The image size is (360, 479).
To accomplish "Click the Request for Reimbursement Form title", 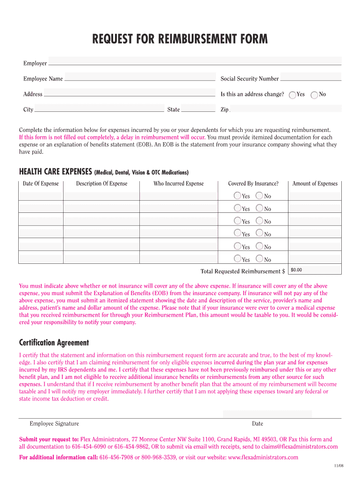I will coord(180,39).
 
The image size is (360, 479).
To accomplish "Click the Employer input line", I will coord(194,61).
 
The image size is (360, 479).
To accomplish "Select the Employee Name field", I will coord(139,77).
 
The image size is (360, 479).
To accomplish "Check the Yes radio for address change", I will coord(293,95).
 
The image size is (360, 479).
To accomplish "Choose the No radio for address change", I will coord(315,95).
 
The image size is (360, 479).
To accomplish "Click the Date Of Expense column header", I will coord(41,183).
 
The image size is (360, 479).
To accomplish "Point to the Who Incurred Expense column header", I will coord(179,183).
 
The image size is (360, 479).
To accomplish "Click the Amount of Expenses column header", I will coord(315,183).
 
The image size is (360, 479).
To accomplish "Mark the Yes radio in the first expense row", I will coord(238,196).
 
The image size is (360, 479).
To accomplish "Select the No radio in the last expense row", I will coord(259,259).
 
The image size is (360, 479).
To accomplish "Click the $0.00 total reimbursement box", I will coord(315,270).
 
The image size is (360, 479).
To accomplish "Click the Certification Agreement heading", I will coord(54,342).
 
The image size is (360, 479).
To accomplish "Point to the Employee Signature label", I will coord(54,424).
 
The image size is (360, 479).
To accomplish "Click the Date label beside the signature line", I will coord(257,424).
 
